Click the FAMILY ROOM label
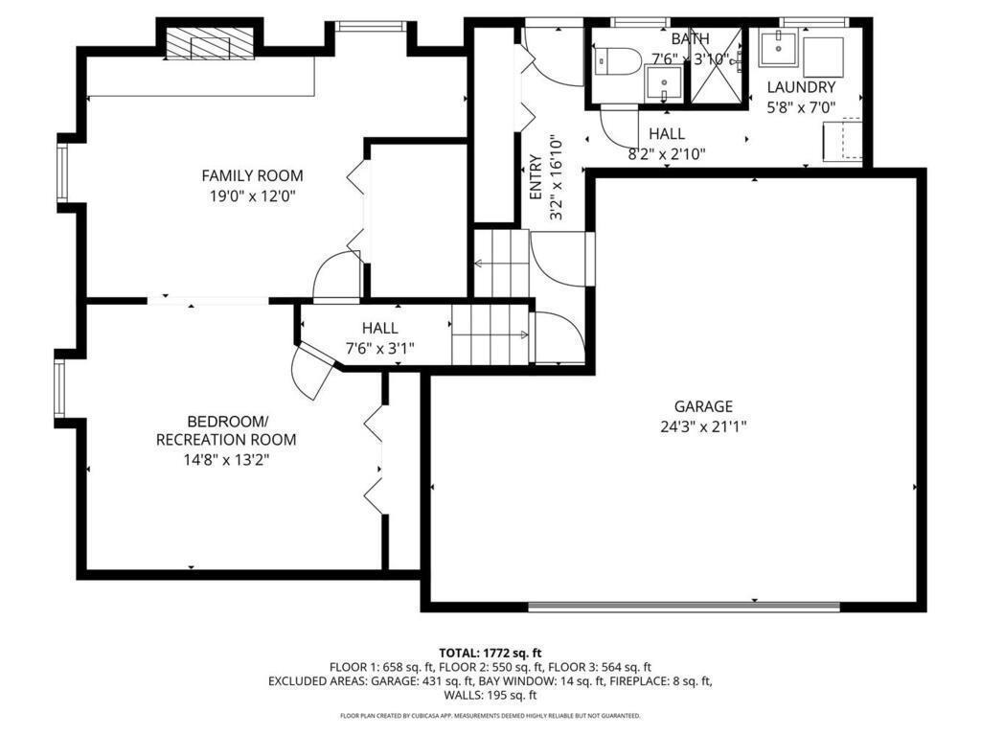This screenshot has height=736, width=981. tap(252, 175)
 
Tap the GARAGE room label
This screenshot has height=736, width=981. tap(702, 405)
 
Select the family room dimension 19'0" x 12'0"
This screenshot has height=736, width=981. tap(252, 195)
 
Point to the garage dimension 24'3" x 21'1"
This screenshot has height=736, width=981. tap(702, 426)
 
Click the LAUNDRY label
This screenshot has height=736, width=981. tap(801, 87)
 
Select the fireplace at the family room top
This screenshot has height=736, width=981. tap(211, 43)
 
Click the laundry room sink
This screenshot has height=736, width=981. tap(778, 46)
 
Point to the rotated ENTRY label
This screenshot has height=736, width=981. tap(536, 177)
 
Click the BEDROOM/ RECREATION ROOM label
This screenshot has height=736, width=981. tap(226, 430)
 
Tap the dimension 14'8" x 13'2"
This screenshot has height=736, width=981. tap(226, 460)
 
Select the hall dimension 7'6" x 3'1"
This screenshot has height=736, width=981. tap(380, 349)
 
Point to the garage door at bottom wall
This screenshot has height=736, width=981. tap(684, 606)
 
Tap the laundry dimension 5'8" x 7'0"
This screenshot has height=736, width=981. tap(801, 108)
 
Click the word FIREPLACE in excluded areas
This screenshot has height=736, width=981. tap(648, 681)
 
